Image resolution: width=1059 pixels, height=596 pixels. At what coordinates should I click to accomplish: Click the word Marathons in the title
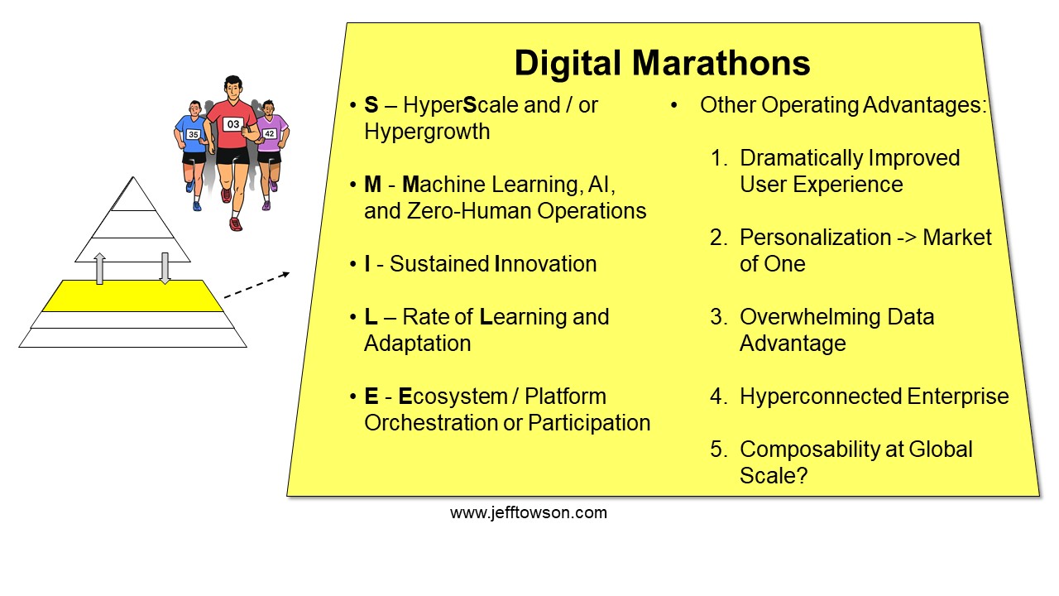point(721,63)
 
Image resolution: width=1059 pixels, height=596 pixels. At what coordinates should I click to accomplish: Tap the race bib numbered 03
point(233,124)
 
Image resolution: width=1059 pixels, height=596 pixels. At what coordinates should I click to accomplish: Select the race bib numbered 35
point(193,134)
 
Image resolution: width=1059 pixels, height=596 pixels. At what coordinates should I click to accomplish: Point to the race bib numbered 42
point(270,134)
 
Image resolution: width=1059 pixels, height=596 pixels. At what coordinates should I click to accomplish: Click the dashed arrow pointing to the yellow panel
point(256,286)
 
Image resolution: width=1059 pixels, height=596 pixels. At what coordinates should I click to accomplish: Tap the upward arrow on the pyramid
point(99,268)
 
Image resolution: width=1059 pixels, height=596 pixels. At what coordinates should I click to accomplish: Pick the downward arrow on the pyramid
point(165,268)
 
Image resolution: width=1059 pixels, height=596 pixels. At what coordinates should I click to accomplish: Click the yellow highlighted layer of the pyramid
point(132,296)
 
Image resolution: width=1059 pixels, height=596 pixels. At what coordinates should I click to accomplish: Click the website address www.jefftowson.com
point(529,512)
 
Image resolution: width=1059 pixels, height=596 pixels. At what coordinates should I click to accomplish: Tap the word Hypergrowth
point(427,132)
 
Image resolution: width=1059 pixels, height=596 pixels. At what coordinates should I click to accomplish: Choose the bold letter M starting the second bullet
point(372,185)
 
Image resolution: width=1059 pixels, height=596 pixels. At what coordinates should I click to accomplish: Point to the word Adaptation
point(418,344)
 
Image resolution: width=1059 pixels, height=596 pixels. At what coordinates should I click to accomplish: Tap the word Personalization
point(816,238)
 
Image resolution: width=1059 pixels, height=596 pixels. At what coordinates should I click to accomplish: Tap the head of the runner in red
point(233,89)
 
